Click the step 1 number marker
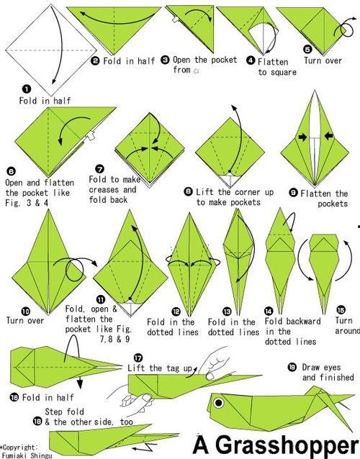coord(27,88)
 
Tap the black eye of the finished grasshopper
coord(218,403)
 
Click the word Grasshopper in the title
coord(287,445)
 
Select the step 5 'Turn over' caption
coord(323,60)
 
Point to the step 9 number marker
coord(293,192)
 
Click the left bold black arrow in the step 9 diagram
coord(303,137)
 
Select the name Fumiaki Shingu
coord(27,455)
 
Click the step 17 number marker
coord(138,358)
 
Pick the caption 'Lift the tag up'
coord(160,368)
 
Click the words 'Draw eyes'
coord(321,368)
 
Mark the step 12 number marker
coord(176,312)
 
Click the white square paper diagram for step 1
coord(51,50)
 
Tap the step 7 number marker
coord(100,169)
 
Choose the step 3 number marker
coord(165,60)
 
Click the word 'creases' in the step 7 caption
coord(104,190)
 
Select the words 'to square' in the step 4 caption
coord(277,73)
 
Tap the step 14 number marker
coord(269,311)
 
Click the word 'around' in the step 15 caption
coord(348,331)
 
